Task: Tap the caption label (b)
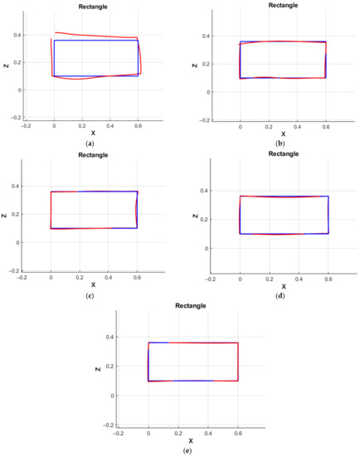(283, 143)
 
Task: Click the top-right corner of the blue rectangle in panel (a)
(138, 40)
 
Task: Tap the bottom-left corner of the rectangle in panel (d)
(240, 233)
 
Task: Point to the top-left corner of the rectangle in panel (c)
(51, 192)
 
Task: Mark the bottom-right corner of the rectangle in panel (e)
(238, 381)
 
